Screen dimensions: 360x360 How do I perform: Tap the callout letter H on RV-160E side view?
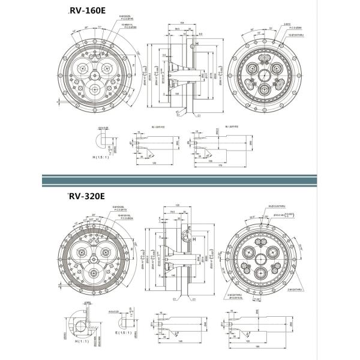[196, 44]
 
